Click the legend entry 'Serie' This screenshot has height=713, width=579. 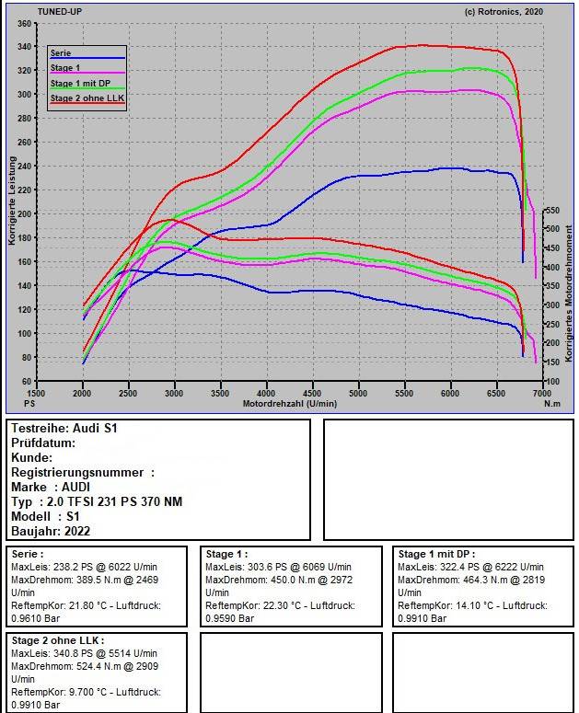tap(61, 53)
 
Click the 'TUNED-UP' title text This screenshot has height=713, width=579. tap(61, 11)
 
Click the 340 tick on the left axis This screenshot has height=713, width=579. tap(24, 46)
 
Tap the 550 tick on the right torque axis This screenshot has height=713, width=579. tap(552, 210)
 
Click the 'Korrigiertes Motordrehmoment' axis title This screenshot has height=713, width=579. tap(569, 291)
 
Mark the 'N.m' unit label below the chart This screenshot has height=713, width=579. tap(552, 404)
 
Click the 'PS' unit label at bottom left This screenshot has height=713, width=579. tap(29, 404)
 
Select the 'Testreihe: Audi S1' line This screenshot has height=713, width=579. tap(64, 428)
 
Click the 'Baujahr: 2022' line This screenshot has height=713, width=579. tap(51, 531)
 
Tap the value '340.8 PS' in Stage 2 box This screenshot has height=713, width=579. tap(73, 652)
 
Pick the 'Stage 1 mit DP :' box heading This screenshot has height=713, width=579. tap(437, 554)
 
